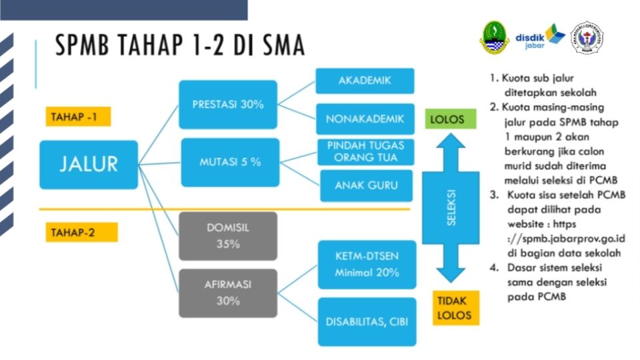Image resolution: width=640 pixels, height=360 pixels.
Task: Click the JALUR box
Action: (x=89, y=165)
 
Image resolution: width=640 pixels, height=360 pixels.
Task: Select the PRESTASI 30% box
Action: (x=228, y=105)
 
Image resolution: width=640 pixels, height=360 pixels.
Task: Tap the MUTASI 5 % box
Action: (x=230, y=163)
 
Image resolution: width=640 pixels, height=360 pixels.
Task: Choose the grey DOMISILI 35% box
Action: (x=228, y=236)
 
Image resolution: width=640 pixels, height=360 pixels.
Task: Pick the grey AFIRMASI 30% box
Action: (x=228, y=293)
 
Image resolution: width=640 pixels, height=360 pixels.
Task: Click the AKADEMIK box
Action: (x=365, y=81)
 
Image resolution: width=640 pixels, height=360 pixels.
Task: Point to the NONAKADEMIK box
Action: (x=365, y=119)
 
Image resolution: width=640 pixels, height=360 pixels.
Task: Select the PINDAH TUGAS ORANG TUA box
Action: (x=366, y=152)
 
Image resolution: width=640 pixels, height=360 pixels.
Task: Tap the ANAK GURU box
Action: (x=366, y=186)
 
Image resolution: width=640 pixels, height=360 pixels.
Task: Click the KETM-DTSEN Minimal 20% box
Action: (x=367, y=265)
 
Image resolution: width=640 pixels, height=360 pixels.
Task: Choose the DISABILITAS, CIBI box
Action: (x=367, y=321)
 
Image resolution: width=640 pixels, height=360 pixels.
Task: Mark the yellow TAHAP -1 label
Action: (x=78, y=117)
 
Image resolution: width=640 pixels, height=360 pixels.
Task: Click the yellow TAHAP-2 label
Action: (x=81, y=232)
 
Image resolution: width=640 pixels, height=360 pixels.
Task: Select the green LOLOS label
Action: (x=451, y=119)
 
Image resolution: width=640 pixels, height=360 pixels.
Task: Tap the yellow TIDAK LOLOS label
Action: (x=456, y=308)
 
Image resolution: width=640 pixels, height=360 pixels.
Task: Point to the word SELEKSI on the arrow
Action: (x=451, y=208)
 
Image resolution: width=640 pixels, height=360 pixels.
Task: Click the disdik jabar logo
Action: (x=539, y=39)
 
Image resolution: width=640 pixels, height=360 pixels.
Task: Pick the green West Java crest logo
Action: (x=494, y=37)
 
